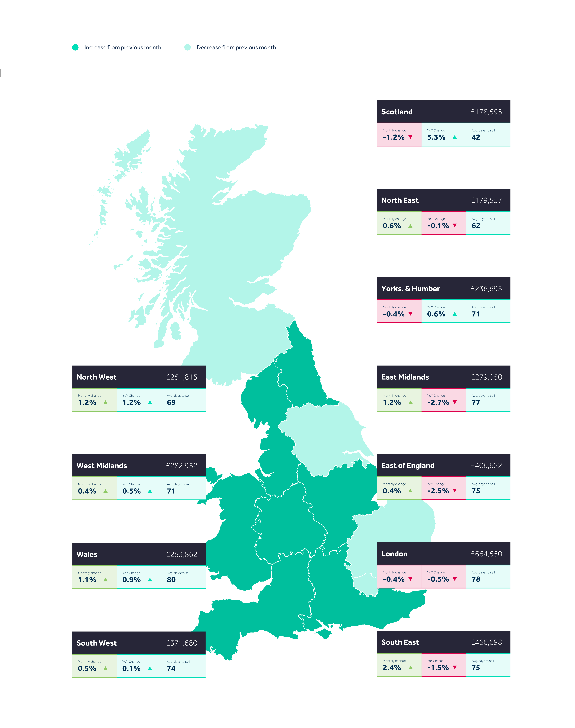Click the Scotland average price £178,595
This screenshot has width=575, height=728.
486,112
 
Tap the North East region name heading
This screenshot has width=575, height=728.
400,200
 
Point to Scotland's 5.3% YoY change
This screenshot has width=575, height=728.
436,137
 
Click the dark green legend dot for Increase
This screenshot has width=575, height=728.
75,48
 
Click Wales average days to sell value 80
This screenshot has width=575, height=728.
171,580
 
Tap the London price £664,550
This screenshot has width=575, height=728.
486,554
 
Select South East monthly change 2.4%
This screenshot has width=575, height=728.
392,668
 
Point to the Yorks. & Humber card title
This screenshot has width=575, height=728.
410,289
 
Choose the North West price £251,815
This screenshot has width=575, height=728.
181,377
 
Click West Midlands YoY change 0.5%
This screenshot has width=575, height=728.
131,491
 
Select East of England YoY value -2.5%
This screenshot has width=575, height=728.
438,491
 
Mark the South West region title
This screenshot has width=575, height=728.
97,643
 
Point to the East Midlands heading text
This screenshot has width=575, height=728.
405,377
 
